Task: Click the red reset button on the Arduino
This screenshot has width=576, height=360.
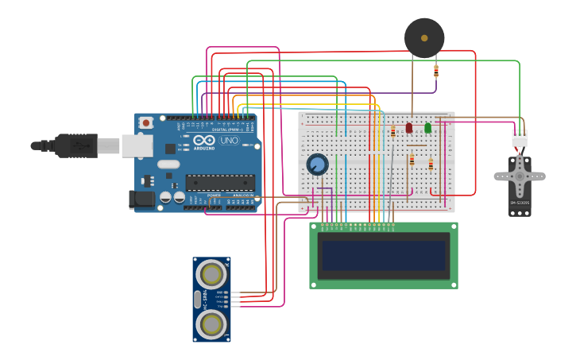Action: click(x=145, y=123)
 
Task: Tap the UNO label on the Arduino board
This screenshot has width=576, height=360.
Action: click(x=229, y=141)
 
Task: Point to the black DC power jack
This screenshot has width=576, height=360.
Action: click(x=142, y=199)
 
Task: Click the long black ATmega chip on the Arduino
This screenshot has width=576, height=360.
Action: click(x=220, y=183)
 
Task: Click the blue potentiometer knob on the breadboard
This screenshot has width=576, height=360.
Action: click(x=317, y=165)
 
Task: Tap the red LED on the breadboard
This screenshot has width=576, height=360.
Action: click(x=409, y=127)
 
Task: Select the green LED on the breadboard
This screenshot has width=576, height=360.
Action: click(x=427, y=127)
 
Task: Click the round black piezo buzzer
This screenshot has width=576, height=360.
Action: click(x=424, y=37)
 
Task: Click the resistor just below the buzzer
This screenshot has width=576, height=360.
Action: click(x=435, y=71)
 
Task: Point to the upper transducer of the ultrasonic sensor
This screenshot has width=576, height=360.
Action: click(x=212, y=274)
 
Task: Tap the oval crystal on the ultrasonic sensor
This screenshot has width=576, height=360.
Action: click(x=198, y=299)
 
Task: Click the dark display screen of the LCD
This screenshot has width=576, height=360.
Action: click(x=384, y=255)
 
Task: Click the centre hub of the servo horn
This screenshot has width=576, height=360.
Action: click(x=520, y=172)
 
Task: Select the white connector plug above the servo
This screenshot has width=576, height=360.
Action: click(x=519, y=137)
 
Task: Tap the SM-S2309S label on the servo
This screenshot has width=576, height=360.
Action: click(x=520, y=203)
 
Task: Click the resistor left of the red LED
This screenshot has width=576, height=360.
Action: click(x=392, y=131)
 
